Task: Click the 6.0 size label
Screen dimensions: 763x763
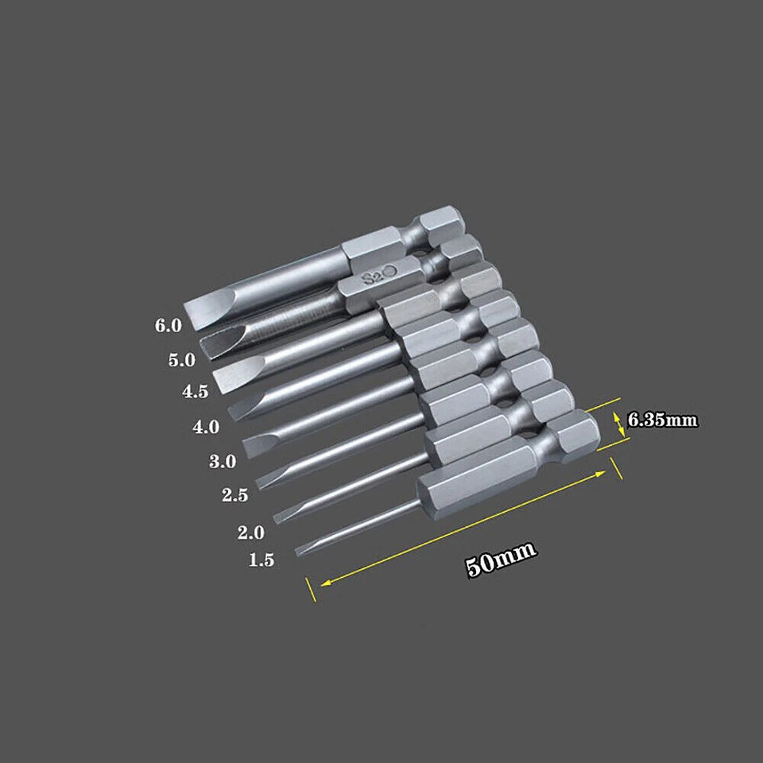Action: coord(169,324)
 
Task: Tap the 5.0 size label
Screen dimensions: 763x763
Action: coord(181,359)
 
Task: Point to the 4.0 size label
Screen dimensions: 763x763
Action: coord(206,427)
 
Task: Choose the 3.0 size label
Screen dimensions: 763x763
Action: coord(222,462)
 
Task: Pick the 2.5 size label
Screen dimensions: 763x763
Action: coord(236,495)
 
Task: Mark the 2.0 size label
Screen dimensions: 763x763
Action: coord(250,533)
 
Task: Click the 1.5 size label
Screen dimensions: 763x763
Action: coord(261,560)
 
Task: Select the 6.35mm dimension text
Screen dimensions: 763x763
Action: coord(663,420)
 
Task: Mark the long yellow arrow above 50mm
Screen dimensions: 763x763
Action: coord(461,529)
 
